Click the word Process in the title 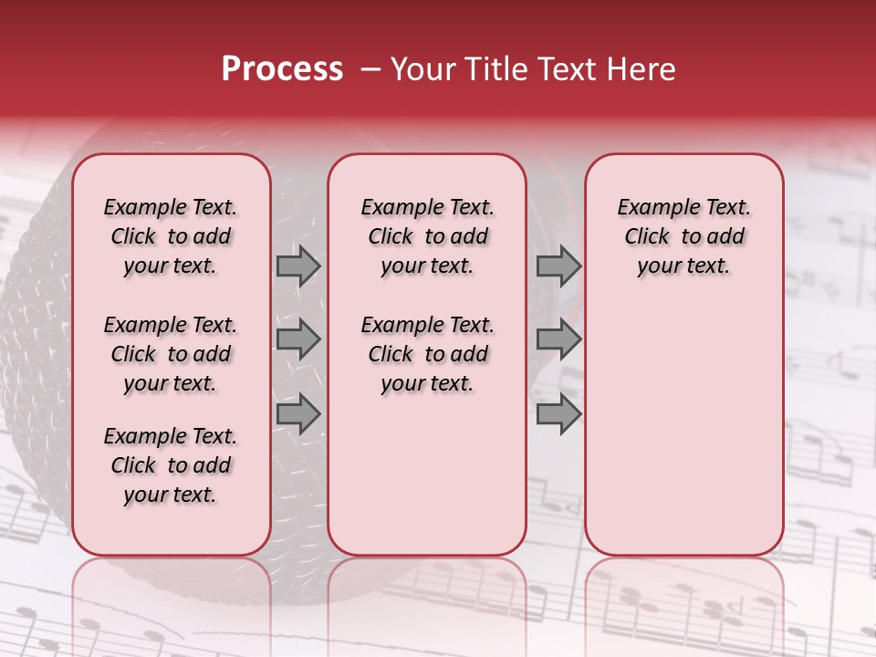[x=282, y=69]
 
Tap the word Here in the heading [x=638, y=69]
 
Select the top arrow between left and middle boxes [x=298, y=266]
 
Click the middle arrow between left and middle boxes [x=298, y=339]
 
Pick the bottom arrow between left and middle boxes [x=298, y=414]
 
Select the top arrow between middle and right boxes [x=558, y=266]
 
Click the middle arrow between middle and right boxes [x=558, y=339]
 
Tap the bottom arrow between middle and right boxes [x=558, y=414]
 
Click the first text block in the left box [x=171, y=236]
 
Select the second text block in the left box [x=171, y=354]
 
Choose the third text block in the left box [x=171, y=465]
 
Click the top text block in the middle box [x=427, y=236]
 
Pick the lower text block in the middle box [x=427, y=354]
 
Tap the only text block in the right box [x=683, y=236]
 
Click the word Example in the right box [x=650, y=208]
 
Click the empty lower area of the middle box [x=427, y=474]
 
